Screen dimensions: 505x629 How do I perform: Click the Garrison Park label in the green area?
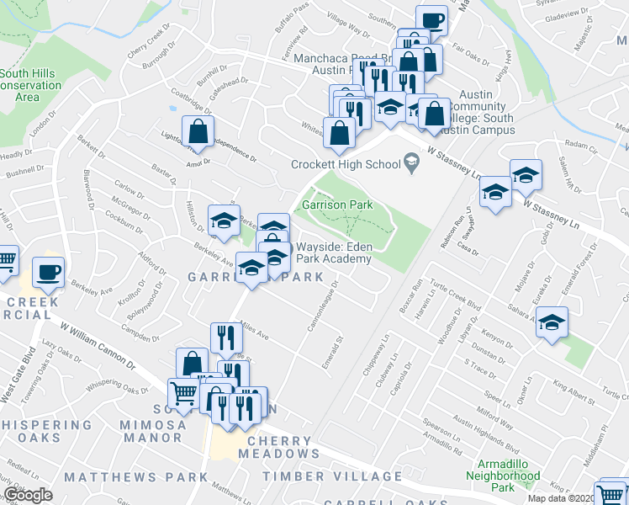336,205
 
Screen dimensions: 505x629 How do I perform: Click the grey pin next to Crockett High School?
411,161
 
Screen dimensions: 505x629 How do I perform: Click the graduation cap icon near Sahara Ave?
552,323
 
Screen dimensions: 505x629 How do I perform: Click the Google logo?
28,495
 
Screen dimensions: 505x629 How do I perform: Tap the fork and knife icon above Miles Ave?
226,338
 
